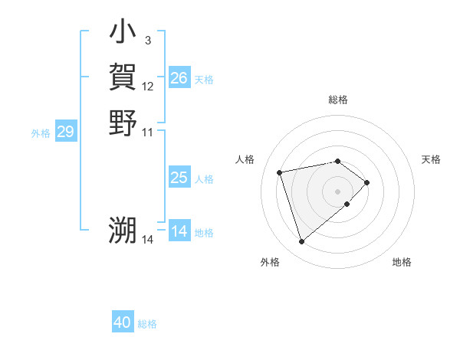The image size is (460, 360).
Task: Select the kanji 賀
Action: coord(123,77)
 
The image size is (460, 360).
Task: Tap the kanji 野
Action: coord(123,123)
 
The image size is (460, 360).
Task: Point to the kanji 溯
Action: coord(123,231)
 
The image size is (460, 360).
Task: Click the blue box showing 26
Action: coord(179,78)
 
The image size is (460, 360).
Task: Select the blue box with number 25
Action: coord(179,178)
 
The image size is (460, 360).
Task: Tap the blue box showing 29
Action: coord(66,133)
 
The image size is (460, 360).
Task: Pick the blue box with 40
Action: coord(123,322)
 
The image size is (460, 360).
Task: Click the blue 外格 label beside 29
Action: coord(41,133)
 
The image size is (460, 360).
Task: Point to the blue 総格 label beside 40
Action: coord(147,324)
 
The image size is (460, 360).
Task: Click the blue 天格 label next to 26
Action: coord(204,79)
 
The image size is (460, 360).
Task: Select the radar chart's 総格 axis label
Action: coord(338,100)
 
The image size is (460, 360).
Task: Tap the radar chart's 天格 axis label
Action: coord(432,159)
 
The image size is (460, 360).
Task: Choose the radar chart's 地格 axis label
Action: coord(402,262)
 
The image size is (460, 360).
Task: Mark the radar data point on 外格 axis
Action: coord(302,242)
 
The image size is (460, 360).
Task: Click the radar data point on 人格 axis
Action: coord(281,172)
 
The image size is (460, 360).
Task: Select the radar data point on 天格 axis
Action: coord(368,182)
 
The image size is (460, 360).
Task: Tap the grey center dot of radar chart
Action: coord(338,190)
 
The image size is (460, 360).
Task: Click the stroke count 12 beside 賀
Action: coord(148,87)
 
